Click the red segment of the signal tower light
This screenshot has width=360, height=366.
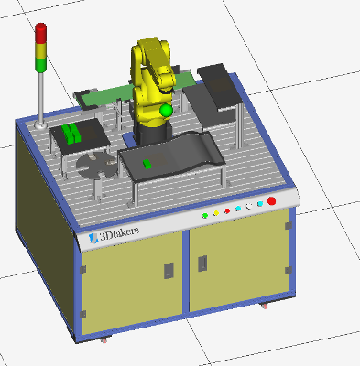click(x=40, y=33)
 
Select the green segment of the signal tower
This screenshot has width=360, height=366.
click(x=40, y=66)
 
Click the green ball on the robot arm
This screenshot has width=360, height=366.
click(x=166, y=111)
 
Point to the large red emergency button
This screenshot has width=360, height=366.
click(x=271, y=201)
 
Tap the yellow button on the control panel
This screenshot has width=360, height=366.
click(x=216, y=213)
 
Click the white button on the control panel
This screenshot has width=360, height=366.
click(x=249, y=207)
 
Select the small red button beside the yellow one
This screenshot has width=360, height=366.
click(x=227, y=211)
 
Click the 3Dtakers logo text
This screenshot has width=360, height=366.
click(x=119, y=234)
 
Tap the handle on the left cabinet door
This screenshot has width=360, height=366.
click(x=169, y=271)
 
